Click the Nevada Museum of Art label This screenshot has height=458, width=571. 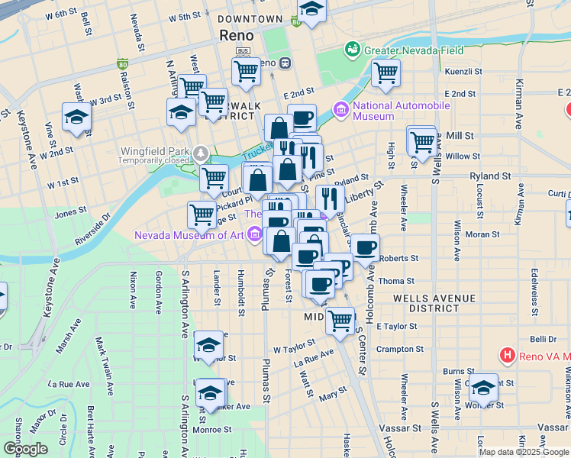(x=189, y=235)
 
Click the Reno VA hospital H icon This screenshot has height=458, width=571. (x=507, y=355)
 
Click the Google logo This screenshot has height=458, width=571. (x=26, y=448)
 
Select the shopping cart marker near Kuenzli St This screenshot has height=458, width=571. (x=386, y=73)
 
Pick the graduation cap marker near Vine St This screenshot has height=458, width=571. (x=76, y=118)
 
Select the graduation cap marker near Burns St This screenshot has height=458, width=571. (x=482, y=389)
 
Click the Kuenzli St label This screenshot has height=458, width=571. (x=463, y=71)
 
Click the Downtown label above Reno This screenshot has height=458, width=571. (x=250, y=19)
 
